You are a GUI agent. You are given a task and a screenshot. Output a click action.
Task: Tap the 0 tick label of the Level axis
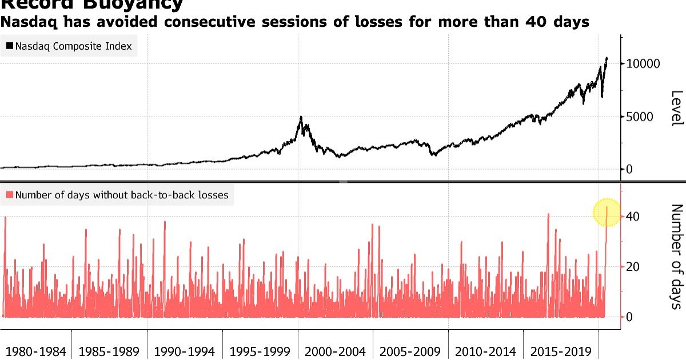click(630, 169)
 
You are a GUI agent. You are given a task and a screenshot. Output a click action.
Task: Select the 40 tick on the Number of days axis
click(632, 217)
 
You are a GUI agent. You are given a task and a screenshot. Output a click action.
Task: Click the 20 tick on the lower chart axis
click(632, 267)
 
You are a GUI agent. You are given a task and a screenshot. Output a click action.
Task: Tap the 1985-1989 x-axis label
click(109, 351)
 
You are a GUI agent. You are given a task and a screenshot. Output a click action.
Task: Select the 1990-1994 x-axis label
click(185, 351)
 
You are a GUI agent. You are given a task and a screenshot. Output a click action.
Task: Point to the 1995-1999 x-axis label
click(260, 351)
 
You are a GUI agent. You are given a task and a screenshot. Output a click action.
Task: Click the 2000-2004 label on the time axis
click(336, 351)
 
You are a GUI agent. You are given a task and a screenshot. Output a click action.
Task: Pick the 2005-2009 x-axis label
click(410, 351)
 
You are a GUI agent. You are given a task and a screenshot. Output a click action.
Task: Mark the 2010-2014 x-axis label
click(486, 351)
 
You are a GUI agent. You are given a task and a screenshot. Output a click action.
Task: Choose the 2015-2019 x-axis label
click(561, 351)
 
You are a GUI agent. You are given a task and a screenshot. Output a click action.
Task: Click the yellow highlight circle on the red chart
click(607, 213)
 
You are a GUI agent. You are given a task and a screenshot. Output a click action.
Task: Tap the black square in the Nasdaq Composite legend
click(10, 46)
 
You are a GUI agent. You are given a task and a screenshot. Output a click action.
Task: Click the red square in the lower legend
click(10, 195)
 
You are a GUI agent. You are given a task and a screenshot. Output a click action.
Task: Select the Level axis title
click(676, 108)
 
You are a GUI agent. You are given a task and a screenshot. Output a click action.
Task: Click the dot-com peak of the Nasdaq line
click(301, 117)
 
